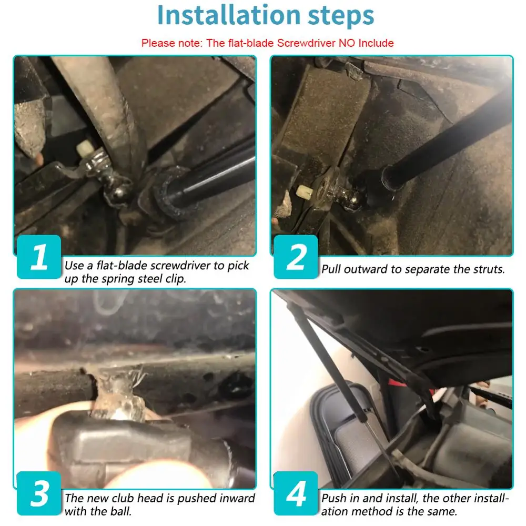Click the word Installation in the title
[228, 15]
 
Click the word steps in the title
[340, 17]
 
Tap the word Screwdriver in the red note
[306, 43]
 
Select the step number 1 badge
[39, 257]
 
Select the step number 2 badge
[296, 257]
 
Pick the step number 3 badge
[39, 493]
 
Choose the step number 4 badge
[296, 493]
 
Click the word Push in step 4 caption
[334, 498]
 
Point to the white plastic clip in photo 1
[85, 148]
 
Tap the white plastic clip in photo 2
[304, 192]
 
